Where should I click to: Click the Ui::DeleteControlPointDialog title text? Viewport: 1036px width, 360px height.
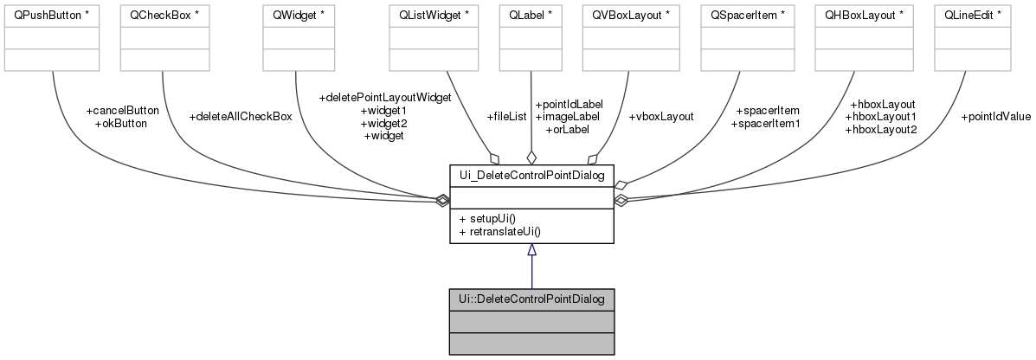[x=531, y=299]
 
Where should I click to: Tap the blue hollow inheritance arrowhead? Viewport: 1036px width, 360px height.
[x=531, y=250]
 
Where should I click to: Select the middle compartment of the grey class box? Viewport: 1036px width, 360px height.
[x=531, y=322]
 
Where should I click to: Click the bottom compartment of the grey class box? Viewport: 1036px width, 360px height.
[x=531, y=344]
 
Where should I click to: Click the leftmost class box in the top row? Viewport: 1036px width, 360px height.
[x=52, y=38]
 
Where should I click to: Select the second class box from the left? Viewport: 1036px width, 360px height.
[x=164, y=38]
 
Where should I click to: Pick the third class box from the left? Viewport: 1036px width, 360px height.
[x=299, y=38]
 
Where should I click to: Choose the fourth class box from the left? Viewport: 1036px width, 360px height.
[x=434, y=38]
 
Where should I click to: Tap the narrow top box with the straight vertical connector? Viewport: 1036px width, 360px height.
[x=531, y=38]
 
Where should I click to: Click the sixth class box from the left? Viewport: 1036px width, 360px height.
[x=630, y=38]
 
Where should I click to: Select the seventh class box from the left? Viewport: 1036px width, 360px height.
[x=747, y=38]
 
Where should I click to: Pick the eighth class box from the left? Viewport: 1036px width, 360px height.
[x=864, y=38]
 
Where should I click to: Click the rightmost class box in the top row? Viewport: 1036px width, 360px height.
[x=972, y=38]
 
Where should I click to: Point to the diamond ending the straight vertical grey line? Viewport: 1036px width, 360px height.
[x=531, y=158]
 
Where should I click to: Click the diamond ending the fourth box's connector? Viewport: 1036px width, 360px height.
[x=494, y=158]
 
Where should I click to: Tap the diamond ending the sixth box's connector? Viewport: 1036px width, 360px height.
[x=593, y=159]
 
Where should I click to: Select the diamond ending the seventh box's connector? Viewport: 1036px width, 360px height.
[x=621, y=184]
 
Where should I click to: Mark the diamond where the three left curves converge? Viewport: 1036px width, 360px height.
[x=442, y=201]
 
